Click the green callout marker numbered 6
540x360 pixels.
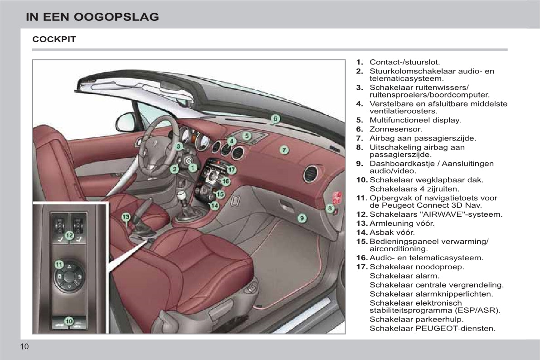point(275,119)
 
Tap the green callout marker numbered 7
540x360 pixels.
point(284,150)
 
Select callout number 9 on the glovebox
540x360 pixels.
point(302,218)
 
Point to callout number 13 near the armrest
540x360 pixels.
point(126,217)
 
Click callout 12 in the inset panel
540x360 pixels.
point(69,235)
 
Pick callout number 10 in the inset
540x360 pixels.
point(69,321)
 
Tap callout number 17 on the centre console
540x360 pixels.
point(231,170)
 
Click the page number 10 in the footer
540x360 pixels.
point(24,346)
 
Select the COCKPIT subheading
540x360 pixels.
point(54,39)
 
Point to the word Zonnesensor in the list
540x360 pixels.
point(395,129)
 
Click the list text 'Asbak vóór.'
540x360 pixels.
point(392,233)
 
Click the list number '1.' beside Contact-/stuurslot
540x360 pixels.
point(360,63)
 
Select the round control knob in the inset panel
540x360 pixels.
point(69,277)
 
